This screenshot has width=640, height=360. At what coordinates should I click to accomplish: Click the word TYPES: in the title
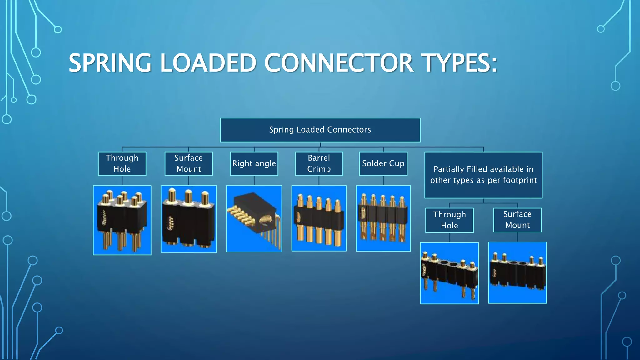pos(459,63)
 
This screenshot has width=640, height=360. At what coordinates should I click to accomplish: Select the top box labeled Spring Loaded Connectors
pos(320,130)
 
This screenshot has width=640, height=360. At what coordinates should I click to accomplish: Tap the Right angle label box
pos(254,163)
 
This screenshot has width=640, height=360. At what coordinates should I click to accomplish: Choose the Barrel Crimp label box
pos(319,163)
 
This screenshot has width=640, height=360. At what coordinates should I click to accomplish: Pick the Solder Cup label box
pos(383,163)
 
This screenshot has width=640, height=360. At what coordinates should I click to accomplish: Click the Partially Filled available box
pos(483,175)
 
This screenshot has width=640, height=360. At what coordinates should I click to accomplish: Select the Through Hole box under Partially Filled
pos(449,220)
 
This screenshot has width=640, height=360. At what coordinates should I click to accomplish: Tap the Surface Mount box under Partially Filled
pos(517,220)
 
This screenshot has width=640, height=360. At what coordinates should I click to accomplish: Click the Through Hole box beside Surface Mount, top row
pos(122,163)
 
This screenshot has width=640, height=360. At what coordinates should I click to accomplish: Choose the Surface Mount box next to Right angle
pos(189,163)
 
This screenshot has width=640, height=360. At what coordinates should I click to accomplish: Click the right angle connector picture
pos(254,219)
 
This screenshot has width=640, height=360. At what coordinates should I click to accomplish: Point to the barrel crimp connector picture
pos(319,218)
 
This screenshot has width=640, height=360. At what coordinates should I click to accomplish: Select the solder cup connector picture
pos(383,218)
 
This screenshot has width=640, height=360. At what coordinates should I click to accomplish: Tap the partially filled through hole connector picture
pos(449,273)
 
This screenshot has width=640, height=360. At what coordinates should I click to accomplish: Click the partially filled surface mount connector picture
pos(517,272)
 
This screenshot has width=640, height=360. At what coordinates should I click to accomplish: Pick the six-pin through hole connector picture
pos(122,220)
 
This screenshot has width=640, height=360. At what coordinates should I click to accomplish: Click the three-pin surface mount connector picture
pos(189,219)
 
